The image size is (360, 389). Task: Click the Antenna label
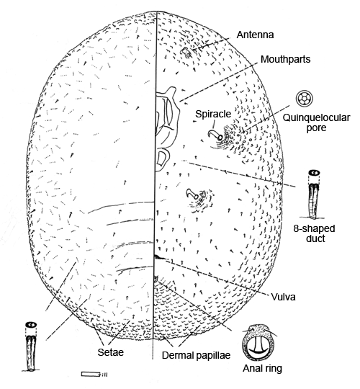click(x=255, y=35)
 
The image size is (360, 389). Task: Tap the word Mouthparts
click(x=285, y=59)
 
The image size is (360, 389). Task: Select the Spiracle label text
click(x=213, y=114)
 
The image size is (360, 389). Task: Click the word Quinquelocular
click(x=316, y=117)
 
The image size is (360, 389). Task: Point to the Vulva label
click(x=283, y=297)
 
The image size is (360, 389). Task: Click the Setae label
click(x=111, y=352)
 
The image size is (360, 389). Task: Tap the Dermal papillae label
click(x=196, y=355)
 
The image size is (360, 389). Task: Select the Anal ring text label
click(x=262, y=368)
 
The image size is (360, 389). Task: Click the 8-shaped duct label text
click(x=314, y=233)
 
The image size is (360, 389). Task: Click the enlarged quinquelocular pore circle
click(x=305, y=99)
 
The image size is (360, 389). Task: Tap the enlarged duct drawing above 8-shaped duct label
click(x=315, y=194)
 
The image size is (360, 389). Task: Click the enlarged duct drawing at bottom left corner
click(x=31, y=346)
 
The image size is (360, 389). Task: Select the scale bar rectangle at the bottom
click(x=91, y=374)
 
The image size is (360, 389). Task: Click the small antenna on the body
click(x=186, y=52)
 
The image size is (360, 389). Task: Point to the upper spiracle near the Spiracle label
click(x=215, y=135)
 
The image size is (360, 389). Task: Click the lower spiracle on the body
click(x=192, y=194)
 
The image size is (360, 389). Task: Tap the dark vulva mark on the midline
click(x=159, y=257)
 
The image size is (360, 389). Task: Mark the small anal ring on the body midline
click(x=156, y=279)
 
